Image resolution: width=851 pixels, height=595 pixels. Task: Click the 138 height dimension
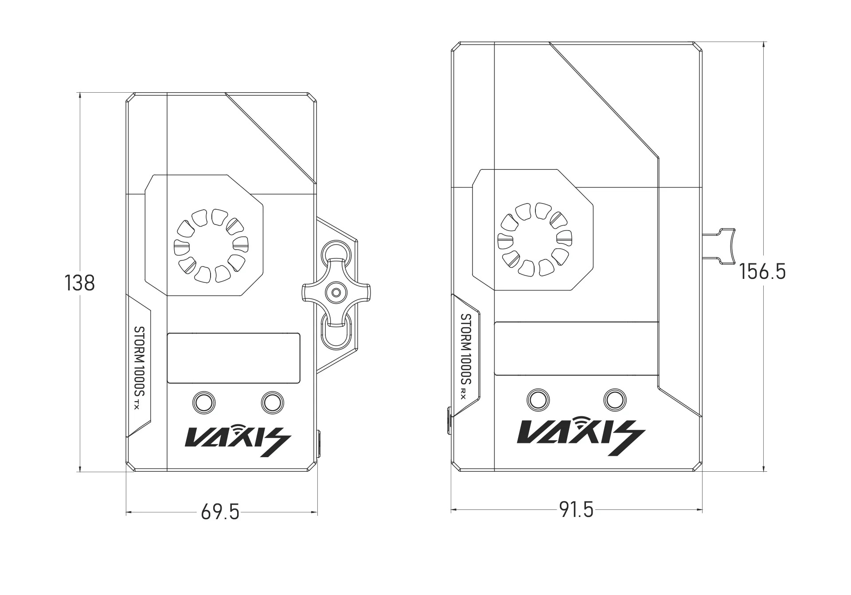point(80,283)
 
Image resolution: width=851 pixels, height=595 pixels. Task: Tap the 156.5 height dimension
point(762,272)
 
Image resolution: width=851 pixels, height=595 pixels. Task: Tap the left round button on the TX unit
point(204,402)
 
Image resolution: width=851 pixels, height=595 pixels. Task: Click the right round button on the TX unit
point(273,402)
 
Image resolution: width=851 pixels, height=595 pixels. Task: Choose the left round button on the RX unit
point(539,399)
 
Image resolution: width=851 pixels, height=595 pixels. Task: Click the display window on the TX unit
point(234,358)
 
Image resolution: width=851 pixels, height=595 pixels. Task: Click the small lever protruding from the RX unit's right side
point(720,246)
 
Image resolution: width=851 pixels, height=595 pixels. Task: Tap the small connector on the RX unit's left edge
point(449,419)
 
